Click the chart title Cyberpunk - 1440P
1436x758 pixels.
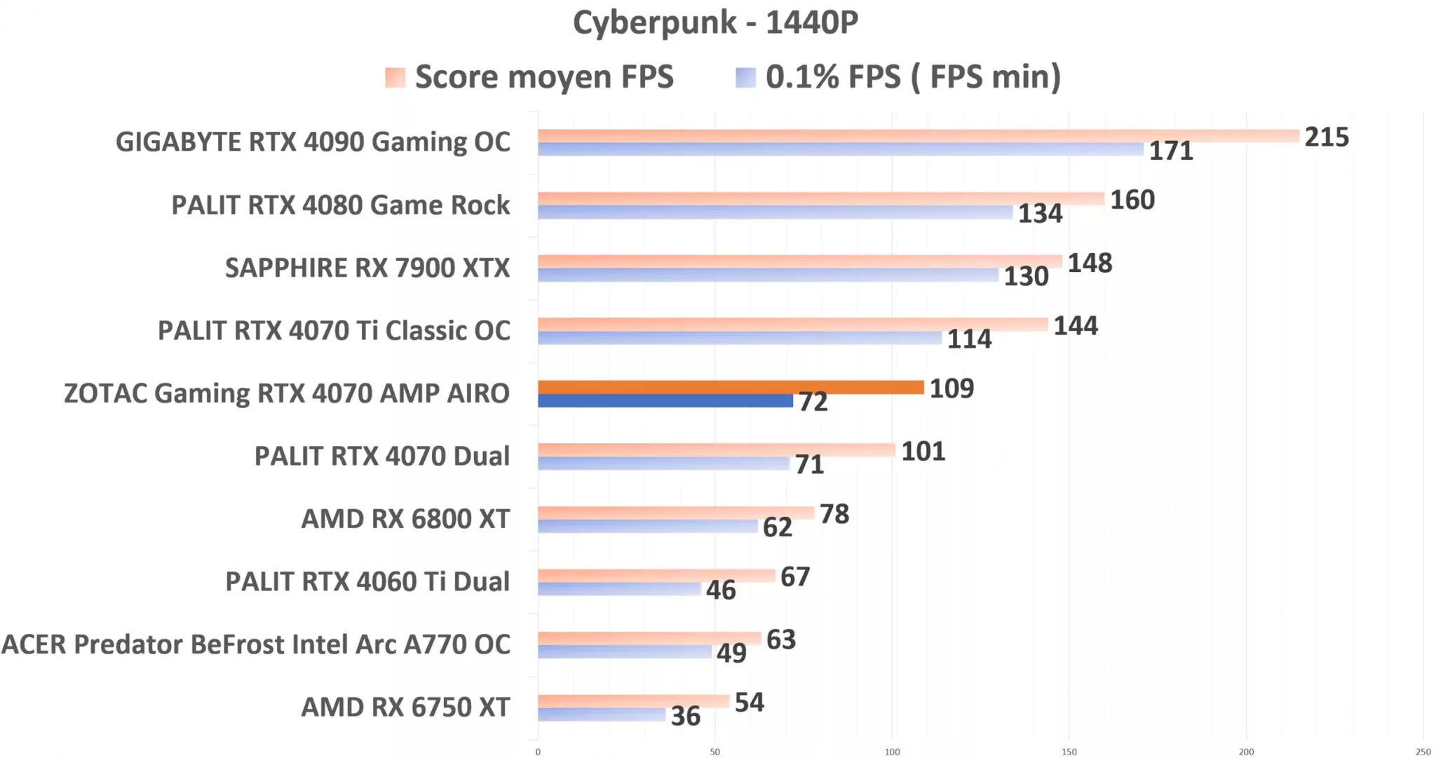point(715,22)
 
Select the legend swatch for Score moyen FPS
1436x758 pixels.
point(395,77)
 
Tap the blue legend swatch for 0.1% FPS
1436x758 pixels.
point(745,77)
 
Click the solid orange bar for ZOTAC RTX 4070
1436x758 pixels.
point(731,387)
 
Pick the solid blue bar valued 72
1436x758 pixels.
point(665,401)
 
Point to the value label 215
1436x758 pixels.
point(1326,137)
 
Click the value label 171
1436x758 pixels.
point(1170,151)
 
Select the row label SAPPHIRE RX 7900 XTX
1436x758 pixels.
point(367,268)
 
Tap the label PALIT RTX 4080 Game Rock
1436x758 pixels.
point(340,205)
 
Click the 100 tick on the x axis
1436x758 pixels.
point(892,752)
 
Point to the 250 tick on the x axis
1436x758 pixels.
point(1423,752)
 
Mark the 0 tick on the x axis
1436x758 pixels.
point(538,752)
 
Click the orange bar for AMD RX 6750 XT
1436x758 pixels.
point(633,701)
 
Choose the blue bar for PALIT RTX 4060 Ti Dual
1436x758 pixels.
point(619,589)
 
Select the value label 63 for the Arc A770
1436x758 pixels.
point(780,639)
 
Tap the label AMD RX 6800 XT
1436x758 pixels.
point(405,519)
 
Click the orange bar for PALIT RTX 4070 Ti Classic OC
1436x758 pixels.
point(792,324)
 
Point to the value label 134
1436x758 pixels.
point(1040,213)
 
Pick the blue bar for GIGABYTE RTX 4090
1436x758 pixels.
point(840,149)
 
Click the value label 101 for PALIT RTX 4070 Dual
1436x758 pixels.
point(923,451)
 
